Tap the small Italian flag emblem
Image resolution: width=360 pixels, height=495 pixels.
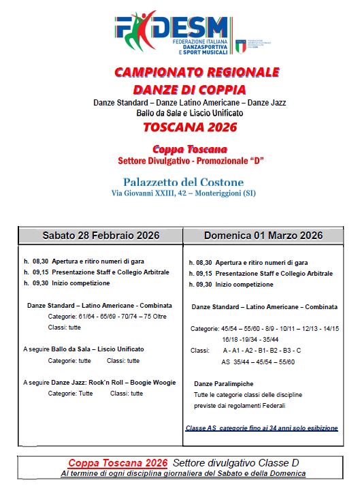tap(241, 45)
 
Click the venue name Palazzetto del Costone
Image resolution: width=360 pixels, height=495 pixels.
tap(183, 182)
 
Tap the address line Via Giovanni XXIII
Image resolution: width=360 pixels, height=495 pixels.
tap(183, 194)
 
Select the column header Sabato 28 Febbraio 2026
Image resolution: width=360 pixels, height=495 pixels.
tap(101, 236)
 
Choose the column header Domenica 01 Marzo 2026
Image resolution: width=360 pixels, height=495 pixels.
tap(263, 236)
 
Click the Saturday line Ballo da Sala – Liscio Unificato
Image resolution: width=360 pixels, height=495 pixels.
tap(84, 349)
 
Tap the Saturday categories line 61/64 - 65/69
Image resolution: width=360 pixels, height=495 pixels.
tap(108, 316)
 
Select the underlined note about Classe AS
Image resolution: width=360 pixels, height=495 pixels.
tap(261, 428)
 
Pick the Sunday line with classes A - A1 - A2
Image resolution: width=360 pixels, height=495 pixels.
tap(262, 350)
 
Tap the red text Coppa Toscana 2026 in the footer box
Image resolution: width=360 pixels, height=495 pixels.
tap(118, 462)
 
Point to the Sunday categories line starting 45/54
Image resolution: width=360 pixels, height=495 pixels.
tap(265, 328)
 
